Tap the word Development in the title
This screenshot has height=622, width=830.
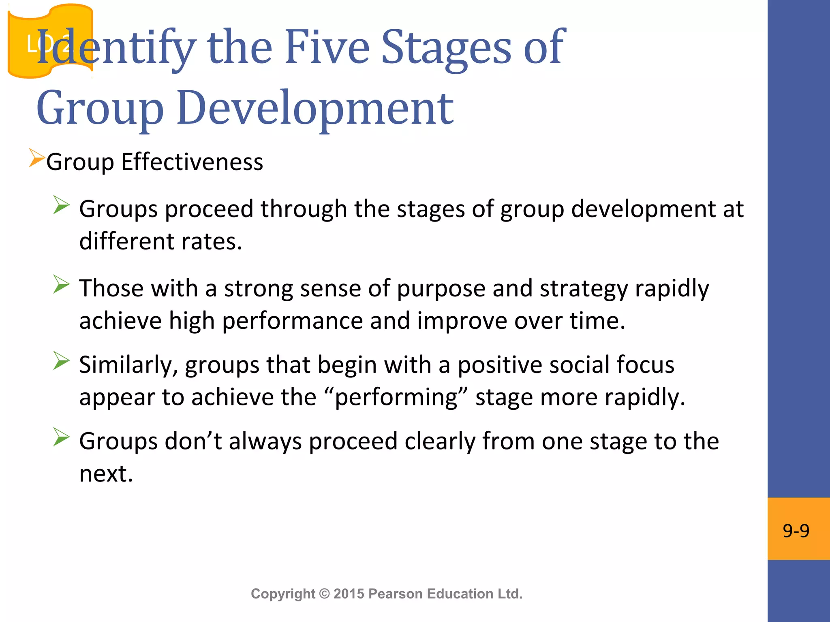point(315,107)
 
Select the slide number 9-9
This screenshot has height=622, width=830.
point(796,530)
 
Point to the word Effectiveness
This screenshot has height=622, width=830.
point(192,162)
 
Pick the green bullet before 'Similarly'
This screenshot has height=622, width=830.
point(61,360)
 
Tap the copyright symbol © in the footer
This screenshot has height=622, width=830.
point(324,594)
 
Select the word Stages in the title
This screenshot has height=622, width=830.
point(447,48)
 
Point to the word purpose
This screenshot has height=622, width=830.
point(441,289)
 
